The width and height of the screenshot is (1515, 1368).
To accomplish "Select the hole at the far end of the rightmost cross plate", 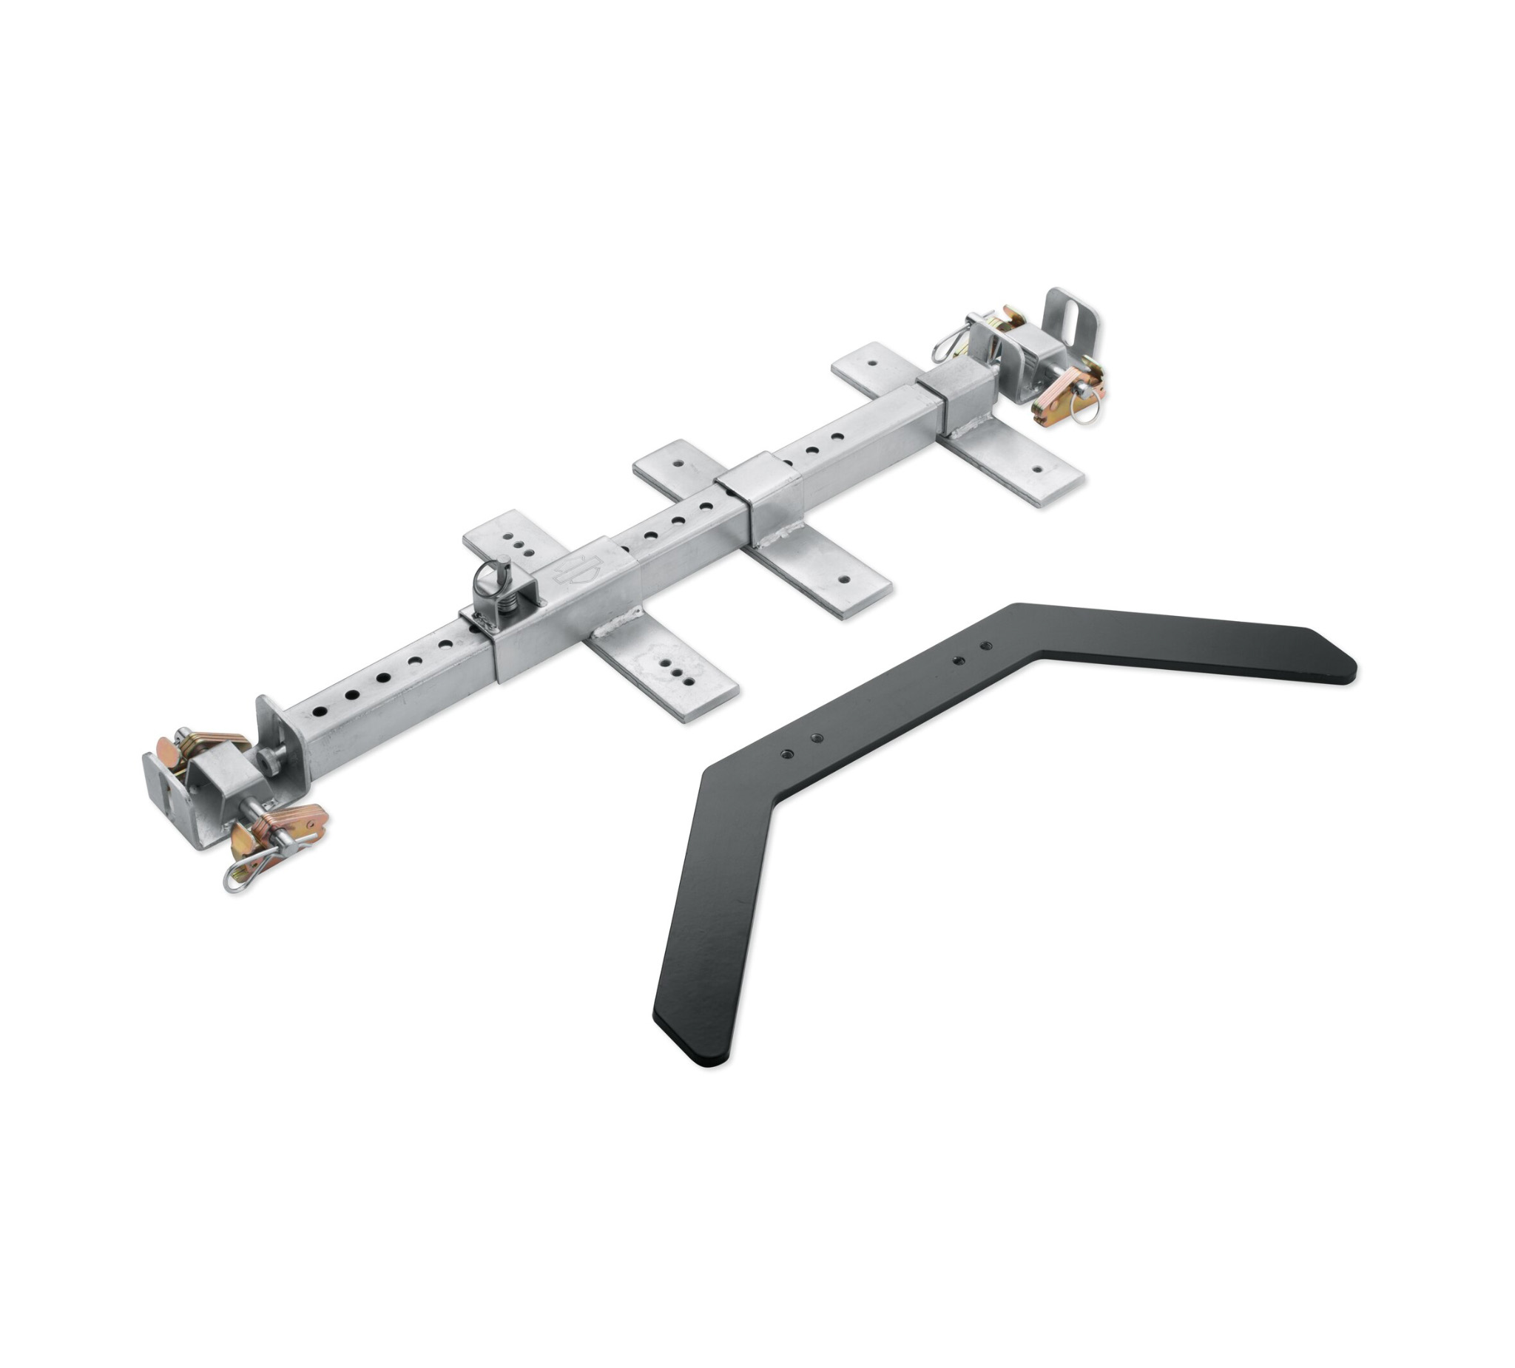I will [x=872, y=362].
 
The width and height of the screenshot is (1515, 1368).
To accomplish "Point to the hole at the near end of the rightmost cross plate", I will [x=1038, y=469].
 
